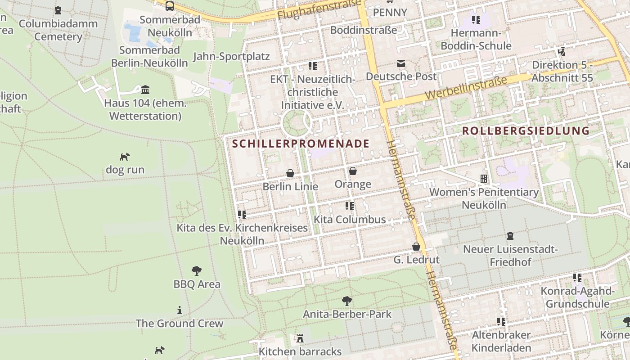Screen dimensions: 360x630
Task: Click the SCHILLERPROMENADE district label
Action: point(301,144)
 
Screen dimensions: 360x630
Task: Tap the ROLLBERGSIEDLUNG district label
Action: point(526,131)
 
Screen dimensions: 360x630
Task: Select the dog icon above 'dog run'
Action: point(125,157)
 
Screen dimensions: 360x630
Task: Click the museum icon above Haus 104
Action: point(145,90)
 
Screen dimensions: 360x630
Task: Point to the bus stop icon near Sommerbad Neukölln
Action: point(170,6)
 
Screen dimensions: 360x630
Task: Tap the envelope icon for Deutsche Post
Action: point(400,63)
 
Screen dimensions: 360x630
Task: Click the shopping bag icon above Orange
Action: point(353,171)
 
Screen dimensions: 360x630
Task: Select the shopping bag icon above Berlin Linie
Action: point(290,173)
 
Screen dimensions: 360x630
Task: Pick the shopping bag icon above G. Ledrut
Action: point(416,247)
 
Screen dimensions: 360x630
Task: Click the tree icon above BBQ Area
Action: point(197,271)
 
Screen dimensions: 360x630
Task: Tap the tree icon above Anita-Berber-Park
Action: point(346,301)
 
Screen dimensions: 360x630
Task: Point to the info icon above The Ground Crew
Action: point(180,310)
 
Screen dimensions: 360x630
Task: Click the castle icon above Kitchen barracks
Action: point(300,338)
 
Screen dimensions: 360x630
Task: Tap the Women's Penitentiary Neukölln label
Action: point(484,198)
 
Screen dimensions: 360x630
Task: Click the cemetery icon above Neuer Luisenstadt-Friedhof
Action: point(510,235)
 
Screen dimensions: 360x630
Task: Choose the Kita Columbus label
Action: point(350,220)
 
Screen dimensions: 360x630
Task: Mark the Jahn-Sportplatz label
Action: point(231,56)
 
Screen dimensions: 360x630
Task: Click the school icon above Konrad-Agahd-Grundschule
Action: point(577,278)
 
